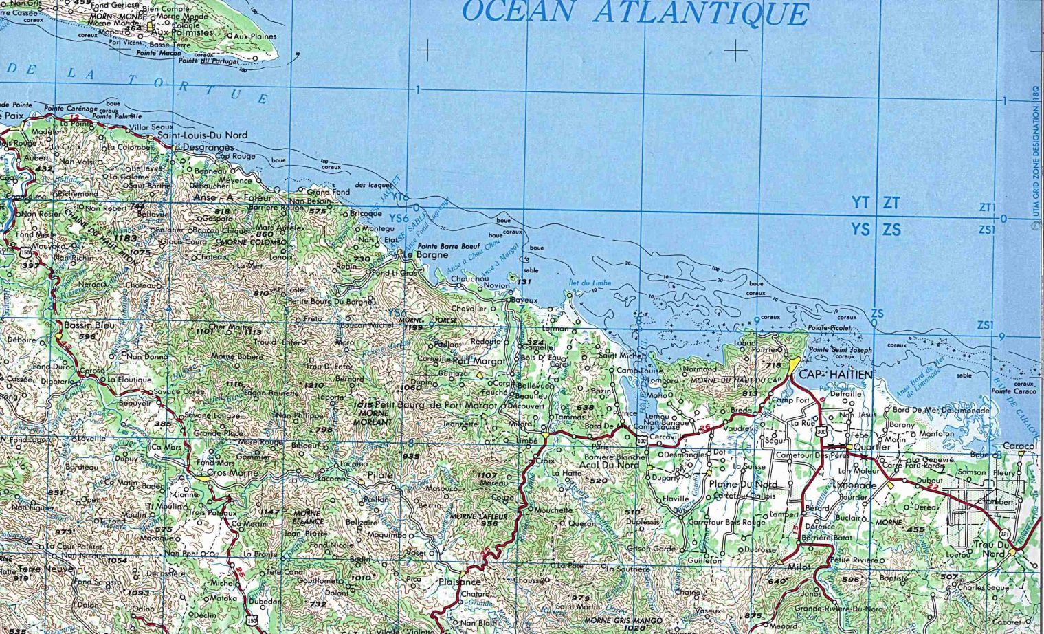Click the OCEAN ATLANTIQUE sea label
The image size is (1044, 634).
tap(635, 13)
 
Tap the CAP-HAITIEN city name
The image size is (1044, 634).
tap(836, 375)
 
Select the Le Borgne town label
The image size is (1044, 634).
tap(425, 254)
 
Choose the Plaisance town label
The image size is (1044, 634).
tap(461, 581)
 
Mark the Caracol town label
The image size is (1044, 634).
tap(1019, 446)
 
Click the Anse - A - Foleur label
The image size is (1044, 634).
tap(234, 198)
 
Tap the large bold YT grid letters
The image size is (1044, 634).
tap(860, 202)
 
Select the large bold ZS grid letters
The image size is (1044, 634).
tap(891, 230)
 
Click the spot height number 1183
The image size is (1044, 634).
tap(126, 238)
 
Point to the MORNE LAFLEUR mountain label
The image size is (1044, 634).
tap(478, 516)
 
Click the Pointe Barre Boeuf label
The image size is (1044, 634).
tap(447, 245)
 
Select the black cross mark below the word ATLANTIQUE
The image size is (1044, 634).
tap(735, 50)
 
